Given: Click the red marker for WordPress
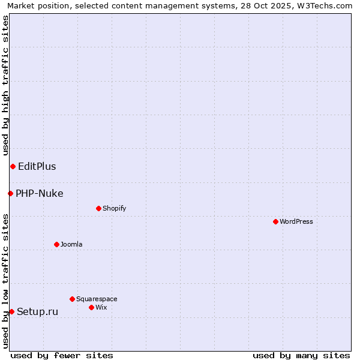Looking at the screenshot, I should point(275,221).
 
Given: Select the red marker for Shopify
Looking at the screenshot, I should point(98,208).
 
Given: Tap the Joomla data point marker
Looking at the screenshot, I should point(56,244).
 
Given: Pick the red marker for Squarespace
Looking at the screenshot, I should point(72,299).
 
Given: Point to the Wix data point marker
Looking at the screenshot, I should point(91,307).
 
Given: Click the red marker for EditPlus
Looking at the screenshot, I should point(13,166).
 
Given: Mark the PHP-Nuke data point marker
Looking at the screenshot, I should point(10,193).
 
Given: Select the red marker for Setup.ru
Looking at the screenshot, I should point(11,311).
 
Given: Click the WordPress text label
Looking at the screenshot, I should point(296,221).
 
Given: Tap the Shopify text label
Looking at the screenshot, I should point(114,208).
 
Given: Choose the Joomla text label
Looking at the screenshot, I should point(71,244).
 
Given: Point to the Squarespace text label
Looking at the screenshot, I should point(97,299).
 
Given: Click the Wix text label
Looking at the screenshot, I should point(101,307).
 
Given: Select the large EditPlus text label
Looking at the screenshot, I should point(37,166).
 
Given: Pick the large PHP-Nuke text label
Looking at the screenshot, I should point(40,193).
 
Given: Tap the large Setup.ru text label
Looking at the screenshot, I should point(38,311).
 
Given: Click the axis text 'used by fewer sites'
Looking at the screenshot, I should point(62,355).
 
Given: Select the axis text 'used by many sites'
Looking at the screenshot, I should point(301,355).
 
